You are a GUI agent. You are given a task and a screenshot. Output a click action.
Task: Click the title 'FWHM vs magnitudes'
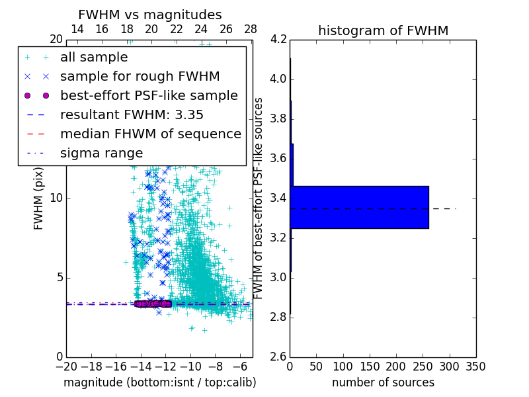coord(150,15)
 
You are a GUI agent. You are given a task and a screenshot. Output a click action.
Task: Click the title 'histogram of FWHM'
coord(383,30)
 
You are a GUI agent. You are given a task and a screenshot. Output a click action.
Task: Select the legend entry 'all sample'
coord(94,58)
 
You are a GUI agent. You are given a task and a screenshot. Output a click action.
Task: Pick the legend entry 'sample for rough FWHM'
coord(140,77)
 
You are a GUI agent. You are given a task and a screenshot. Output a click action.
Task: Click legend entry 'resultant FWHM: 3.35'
coord(132,114)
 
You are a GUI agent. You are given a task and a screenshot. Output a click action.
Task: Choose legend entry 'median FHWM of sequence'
coord(150,134)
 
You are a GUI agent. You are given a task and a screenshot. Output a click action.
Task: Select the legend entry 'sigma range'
coord(101,153)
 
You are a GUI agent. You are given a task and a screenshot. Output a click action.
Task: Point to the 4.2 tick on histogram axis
coord(278,40)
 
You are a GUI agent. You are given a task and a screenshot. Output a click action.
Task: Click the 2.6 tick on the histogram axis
coord(278,357)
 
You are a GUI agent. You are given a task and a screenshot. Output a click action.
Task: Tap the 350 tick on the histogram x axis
coord(475,367)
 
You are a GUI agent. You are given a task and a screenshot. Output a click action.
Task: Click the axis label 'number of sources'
coord(383,382)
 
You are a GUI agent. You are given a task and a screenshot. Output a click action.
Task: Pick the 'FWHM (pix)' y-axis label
coord(39,198)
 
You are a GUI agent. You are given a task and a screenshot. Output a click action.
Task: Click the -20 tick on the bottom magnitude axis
coord(66,367)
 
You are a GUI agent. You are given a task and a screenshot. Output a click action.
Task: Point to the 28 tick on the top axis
coord(251,29)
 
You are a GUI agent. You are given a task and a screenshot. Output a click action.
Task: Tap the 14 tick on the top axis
coord(77,29)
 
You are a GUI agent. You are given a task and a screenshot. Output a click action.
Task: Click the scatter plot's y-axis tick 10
coord(56,198)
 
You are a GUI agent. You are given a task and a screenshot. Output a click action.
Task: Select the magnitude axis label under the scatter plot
coord(159,382)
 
